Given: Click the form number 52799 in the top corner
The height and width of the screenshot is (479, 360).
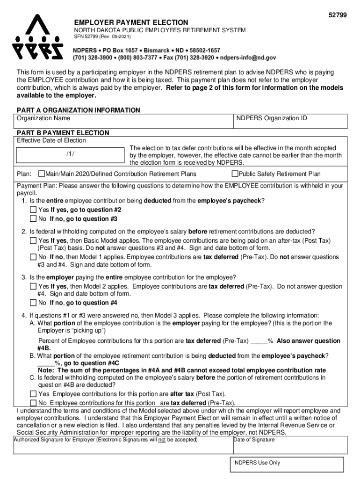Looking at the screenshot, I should (338, 15).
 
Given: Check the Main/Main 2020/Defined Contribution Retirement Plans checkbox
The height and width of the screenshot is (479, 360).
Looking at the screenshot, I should (42, 174).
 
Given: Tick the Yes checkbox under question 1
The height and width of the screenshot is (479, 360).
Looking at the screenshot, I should (33, 210).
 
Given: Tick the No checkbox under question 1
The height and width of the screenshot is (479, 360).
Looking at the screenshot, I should (33, 219).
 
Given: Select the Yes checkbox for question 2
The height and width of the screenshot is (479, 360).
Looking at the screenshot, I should (33, 240).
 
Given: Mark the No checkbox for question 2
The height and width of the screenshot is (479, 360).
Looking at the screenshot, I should (33, 257).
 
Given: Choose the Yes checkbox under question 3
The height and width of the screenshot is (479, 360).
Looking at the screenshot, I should (33, 286).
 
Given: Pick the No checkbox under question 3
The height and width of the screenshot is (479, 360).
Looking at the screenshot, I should (33, 303).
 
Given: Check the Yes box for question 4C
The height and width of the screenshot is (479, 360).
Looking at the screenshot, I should (33, 394).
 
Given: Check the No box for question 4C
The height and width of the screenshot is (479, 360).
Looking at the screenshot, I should (33, 403).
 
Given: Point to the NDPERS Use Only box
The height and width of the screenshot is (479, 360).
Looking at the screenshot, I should (286, 464).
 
